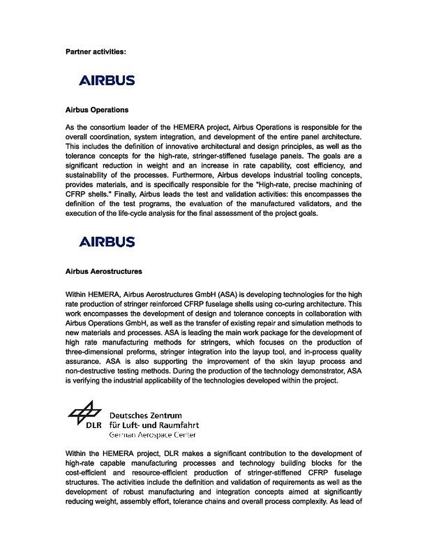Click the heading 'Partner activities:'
pyautogui.click(x=95, y=52)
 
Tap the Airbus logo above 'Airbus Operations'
pyautogui.click(x=107, y=81)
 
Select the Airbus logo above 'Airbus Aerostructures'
pyautogui.click(x=107, y=242)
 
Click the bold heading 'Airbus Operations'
pyautogui.click(x=97, y=110)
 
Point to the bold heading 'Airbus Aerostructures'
pyautogui.click(x=104, y=271)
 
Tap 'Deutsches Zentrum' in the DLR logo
pyautogui.click(x=146, y=416)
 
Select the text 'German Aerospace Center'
pyautogui.click(x=152, y=435)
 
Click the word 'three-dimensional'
pyautogui.click(x=91, y=353)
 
